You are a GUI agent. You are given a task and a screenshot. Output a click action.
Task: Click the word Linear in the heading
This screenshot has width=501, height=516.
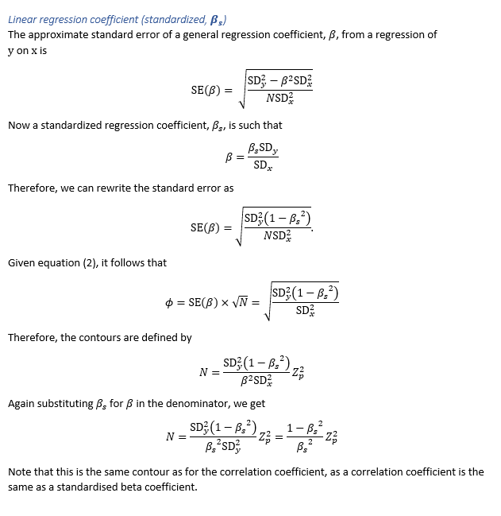click(23, 19)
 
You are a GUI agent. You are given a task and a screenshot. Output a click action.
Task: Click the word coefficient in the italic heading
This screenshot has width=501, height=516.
click(115, 19)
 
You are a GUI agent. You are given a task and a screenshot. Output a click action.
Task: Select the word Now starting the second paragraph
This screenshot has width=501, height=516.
click(18, 125)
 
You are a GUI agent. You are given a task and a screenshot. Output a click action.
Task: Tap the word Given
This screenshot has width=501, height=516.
click(22, 262)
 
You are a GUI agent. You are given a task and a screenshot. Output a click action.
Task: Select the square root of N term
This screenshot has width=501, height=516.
click(240, 302)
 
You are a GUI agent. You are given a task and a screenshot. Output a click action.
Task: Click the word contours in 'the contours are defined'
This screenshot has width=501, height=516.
click(106, 337)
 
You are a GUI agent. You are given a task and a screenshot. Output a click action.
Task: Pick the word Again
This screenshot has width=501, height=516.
click(22, 403)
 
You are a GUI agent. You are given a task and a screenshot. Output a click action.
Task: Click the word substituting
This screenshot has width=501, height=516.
click(70, 403)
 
